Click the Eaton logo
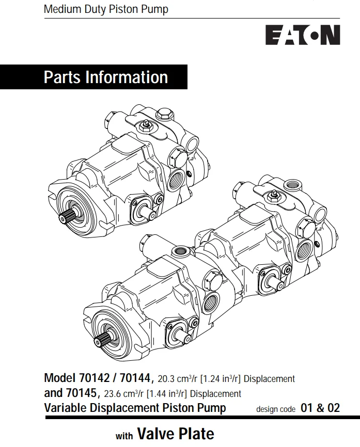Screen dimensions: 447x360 coord(303,35)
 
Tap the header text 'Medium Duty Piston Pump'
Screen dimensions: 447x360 coord(106,9)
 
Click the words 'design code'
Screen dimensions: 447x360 coord(276,409)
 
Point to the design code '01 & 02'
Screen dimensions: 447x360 coord(320,408)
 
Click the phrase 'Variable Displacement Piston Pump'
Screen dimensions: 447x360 coord(135,408)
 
